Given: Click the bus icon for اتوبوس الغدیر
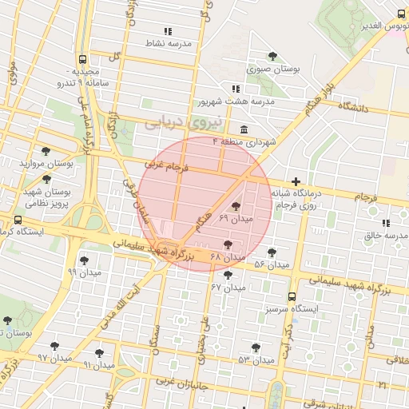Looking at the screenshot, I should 401,14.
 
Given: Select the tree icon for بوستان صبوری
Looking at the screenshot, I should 273,57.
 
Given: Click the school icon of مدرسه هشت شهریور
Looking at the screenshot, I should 235,89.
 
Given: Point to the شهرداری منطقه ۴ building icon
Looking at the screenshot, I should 243,130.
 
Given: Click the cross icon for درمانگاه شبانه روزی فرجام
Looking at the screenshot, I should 296,182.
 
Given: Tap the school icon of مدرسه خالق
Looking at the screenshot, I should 386,223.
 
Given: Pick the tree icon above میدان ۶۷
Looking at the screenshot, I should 228,275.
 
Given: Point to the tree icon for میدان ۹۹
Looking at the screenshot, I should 85,260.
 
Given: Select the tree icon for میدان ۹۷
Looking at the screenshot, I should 54,347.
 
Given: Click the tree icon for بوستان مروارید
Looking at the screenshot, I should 46,151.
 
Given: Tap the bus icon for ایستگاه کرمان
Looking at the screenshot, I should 18,220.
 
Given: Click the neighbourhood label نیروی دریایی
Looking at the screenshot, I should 175,121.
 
